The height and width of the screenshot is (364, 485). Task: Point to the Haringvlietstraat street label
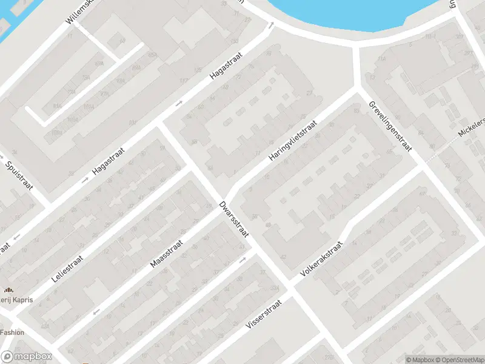point(293,141)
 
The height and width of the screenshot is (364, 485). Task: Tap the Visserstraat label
point(264,314)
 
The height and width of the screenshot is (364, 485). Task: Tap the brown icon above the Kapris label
point(9,289)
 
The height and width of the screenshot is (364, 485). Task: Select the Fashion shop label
point(12,332)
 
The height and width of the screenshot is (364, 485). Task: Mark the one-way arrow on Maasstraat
point(95,312)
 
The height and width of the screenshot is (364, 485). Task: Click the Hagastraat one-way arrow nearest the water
point(272,25)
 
